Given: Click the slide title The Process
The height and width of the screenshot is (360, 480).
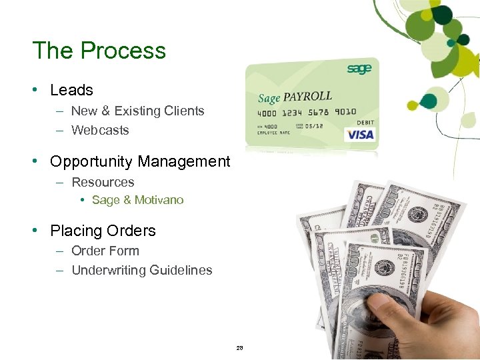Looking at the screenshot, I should tap(99, 51).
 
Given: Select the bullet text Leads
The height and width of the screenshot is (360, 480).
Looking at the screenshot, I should tap(71, 90).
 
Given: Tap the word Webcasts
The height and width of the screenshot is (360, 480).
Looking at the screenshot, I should tap(100, 130).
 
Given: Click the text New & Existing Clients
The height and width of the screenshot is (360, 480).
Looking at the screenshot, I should tap(137, 111).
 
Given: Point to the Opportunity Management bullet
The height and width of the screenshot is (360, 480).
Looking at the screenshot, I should tap(140, 161).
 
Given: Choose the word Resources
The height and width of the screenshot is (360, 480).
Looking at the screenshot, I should tap(103, 182).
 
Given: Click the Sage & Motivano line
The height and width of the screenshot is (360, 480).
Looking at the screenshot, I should tap(137, 200).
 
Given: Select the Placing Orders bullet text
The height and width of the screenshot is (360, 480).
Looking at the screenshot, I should tap(103, 231).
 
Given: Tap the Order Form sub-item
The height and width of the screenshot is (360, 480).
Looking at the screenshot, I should tap(105, 251).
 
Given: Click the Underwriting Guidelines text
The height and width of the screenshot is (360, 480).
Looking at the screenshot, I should tap(141, 270).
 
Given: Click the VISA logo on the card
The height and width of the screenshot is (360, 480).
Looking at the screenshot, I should tap(360, 134).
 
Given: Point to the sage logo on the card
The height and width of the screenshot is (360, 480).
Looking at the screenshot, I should tap(358, 69).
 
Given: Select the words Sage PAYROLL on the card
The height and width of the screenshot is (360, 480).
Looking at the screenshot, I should tap(295, 97).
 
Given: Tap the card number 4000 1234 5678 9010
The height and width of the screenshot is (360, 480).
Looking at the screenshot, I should tap(307, 112).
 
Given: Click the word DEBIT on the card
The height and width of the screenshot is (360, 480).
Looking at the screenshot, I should tap(365, 122).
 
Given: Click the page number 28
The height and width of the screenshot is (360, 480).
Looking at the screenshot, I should tap(240, 349).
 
